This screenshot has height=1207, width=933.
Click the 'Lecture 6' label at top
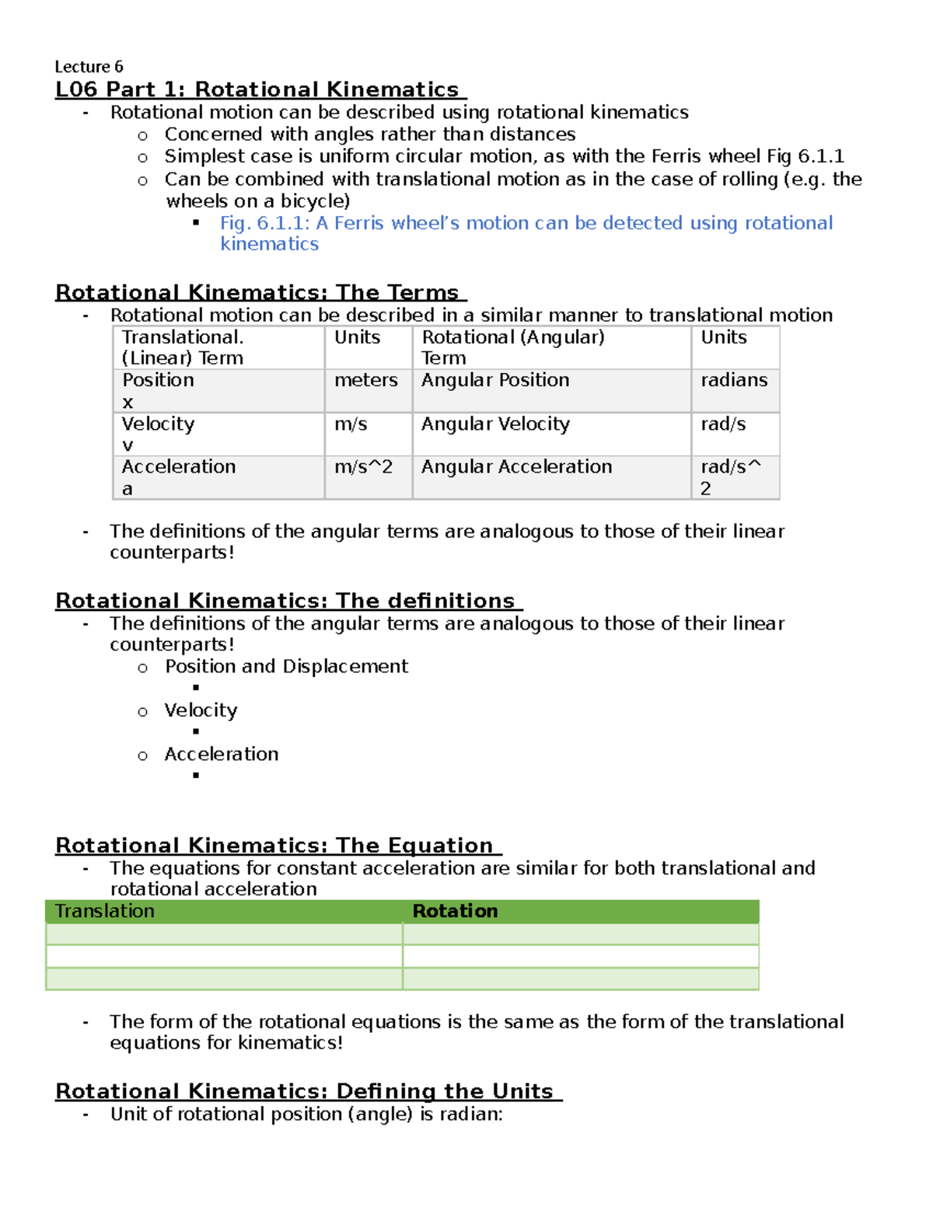coord(89,67)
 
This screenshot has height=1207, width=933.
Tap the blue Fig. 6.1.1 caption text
coord(526,233)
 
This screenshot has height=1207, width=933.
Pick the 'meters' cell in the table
coord(366,381)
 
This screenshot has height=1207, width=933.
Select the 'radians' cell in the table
coord(734,381)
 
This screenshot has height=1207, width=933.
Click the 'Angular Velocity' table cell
coord(495,424)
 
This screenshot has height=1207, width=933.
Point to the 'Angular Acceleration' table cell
coord(516,467)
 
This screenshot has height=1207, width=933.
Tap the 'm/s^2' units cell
coord(364,467)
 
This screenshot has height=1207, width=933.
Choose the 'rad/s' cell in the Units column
coord(723,424)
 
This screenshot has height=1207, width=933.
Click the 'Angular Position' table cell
coord(495,381)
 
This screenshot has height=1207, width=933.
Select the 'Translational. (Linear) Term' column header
coord(183,347)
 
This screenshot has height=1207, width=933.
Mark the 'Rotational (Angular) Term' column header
coord(512,347)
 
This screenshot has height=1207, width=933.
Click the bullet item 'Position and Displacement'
coord(286,667)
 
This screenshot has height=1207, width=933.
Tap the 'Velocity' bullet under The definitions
coord(201,710)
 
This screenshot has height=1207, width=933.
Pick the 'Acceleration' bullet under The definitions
coord(222,755)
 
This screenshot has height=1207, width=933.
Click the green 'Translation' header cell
coord(105,912)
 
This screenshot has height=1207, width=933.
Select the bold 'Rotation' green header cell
coord(455,912)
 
